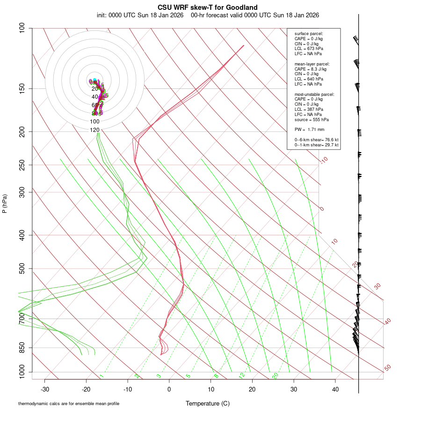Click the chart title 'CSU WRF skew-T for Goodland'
click(208, 7)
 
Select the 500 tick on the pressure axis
click(22, 269)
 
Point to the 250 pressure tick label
click(22, 165)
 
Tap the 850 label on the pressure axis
click(22, 348)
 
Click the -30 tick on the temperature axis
click(45, 389)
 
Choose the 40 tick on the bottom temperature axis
click(335, 389)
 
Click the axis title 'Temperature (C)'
click(207, 403)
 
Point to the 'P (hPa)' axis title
click(5, 203)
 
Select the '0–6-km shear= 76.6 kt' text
click(316, 140)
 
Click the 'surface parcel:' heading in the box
click(309, 34)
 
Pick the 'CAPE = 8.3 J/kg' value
click(311, 69)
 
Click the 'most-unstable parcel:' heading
click(314, 94)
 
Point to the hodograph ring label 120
click(95, 130)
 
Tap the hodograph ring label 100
click(95, 121)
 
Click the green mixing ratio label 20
click(275, 376)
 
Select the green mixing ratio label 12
click(242, 376)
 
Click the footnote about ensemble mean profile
click(69, 404)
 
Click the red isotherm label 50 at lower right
click(387, 368)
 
